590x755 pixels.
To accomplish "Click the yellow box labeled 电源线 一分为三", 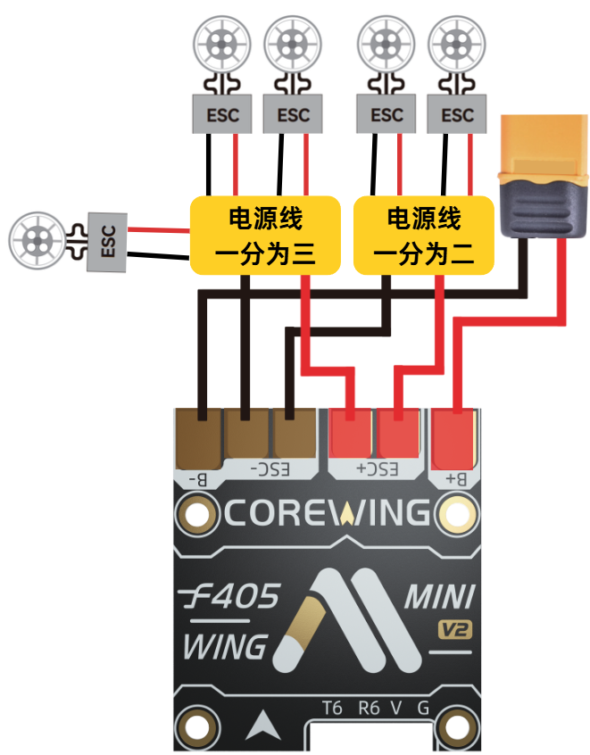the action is coord(265,236).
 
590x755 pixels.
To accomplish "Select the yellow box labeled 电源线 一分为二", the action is coord(424,236).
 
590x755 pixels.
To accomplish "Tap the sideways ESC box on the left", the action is coord(107,242).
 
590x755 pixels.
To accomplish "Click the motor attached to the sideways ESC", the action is coord(37,240).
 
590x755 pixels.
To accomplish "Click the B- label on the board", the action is coord(197,479).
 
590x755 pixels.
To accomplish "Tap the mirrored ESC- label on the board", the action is coord(270,469).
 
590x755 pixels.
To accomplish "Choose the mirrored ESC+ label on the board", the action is coord(378,469).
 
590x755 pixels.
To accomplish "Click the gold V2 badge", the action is coord(454,630).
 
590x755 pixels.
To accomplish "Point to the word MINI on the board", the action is coord(440,596).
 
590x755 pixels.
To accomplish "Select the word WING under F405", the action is coord(225,646).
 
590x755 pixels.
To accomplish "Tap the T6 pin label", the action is coord(332,708).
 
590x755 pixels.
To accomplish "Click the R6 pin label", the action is coord(369,708).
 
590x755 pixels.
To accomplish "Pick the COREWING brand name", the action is coord(327,512).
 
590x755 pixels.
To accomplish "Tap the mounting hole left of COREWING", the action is coord(195,514).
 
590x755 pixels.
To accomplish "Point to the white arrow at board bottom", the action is coord(263,726).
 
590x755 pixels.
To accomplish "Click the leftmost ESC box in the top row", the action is coord(222,113).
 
